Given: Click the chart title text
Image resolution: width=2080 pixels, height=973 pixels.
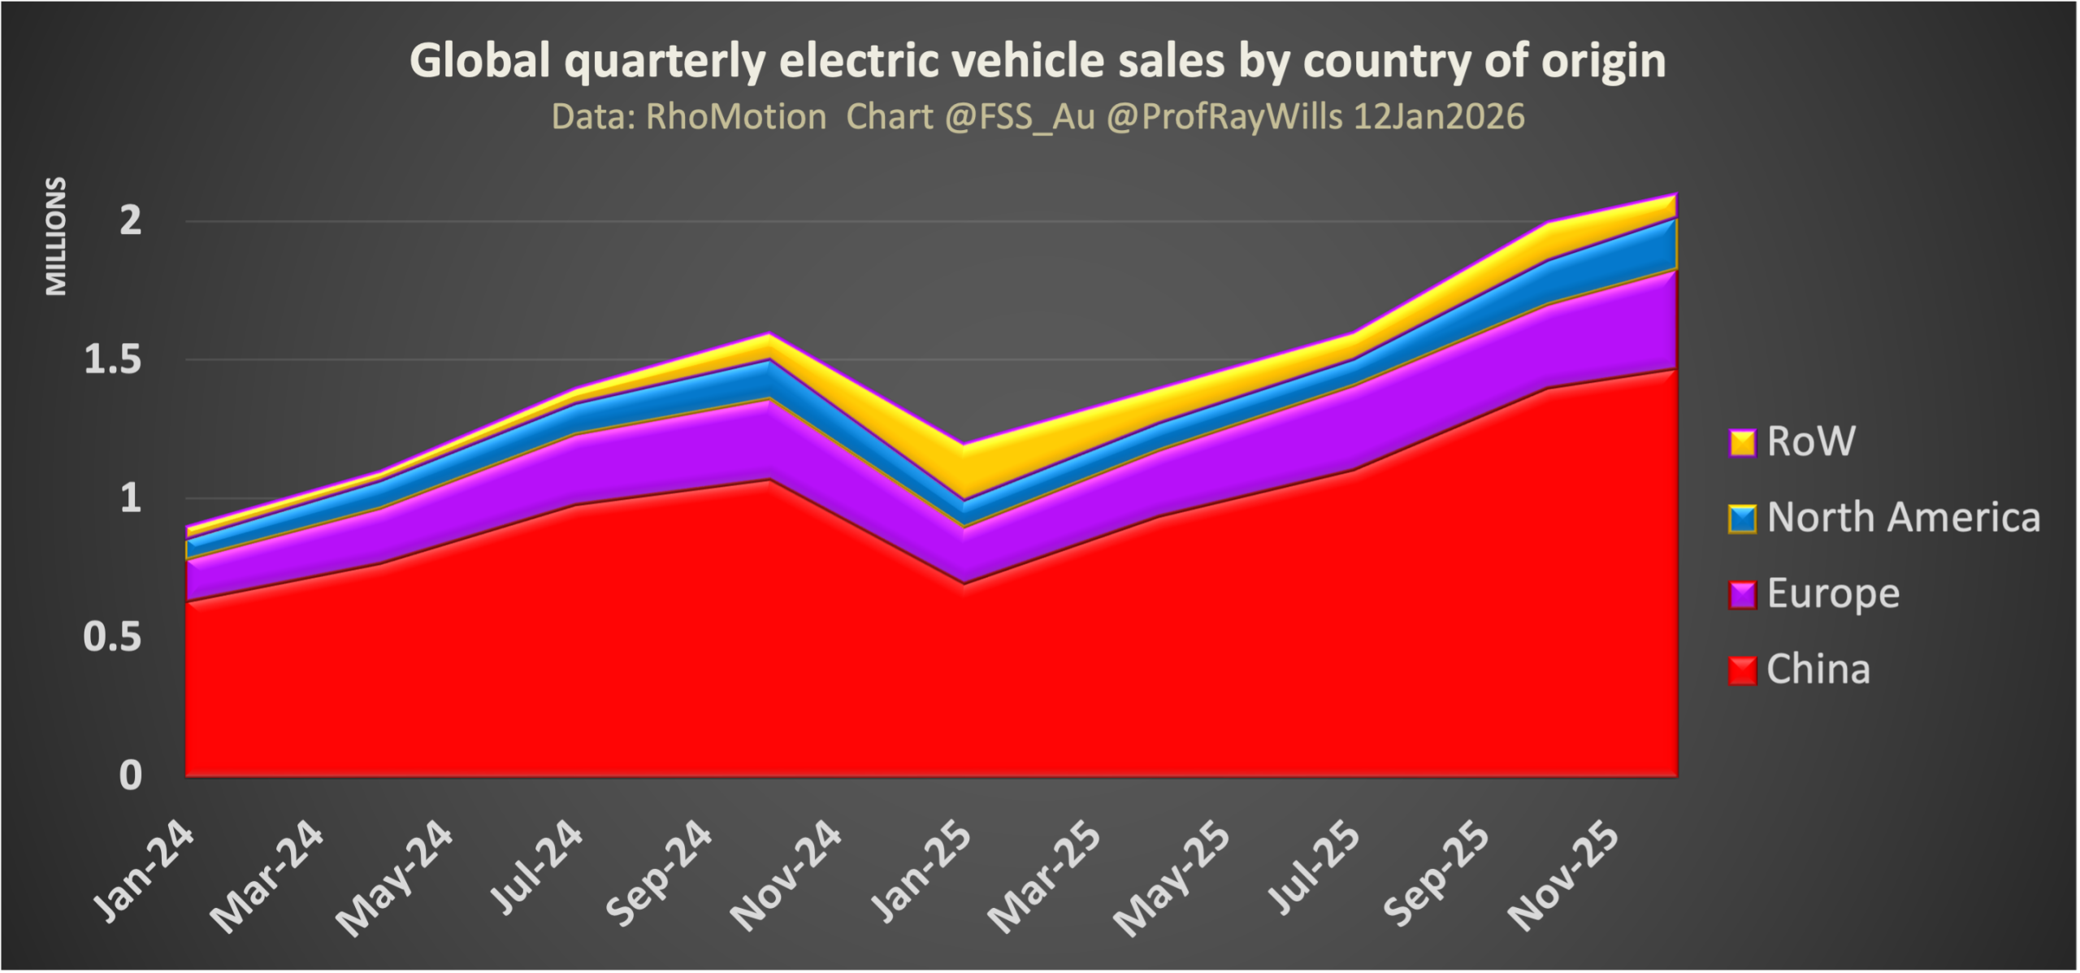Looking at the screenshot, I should (1038, 61).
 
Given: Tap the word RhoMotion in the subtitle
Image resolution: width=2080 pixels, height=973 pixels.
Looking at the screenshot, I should (735, 117).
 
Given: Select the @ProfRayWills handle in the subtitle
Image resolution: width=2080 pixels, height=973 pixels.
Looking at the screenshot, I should (1224, 117).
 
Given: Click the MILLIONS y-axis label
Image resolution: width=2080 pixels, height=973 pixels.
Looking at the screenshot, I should (55, 236).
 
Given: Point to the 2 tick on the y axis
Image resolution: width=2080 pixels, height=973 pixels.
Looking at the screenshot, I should (131, 220).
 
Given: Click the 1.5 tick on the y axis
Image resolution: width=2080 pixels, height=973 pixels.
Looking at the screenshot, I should (114, 359).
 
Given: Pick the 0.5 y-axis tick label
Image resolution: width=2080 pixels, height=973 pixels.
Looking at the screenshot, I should (114, 639).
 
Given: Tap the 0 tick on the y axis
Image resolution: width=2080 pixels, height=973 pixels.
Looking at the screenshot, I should (131, 776).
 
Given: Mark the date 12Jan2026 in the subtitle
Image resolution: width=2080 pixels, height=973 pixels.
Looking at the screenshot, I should (1439, 117).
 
